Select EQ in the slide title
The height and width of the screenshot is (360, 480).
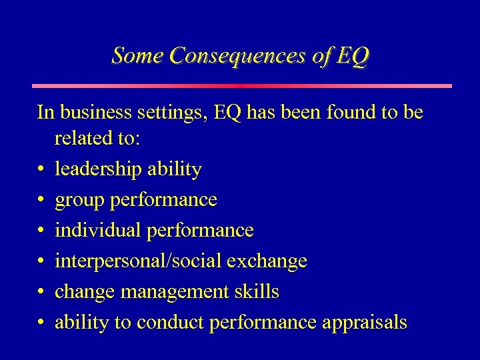point(351,55)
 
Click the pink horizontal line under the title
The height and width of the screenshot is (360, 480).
point(242,86)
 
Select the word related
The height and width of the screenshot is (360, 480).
point(84,140)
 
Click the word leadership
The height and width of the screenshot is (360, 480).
point(97,170)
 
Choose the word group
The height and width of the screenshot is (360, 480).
point(77,201)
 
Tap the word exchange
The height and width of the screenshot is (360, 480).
point(267,261)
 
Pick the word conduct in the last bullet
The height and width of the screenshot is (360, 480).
point(170,323)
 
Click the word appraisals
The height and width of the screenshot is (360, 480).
point(365,323)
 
